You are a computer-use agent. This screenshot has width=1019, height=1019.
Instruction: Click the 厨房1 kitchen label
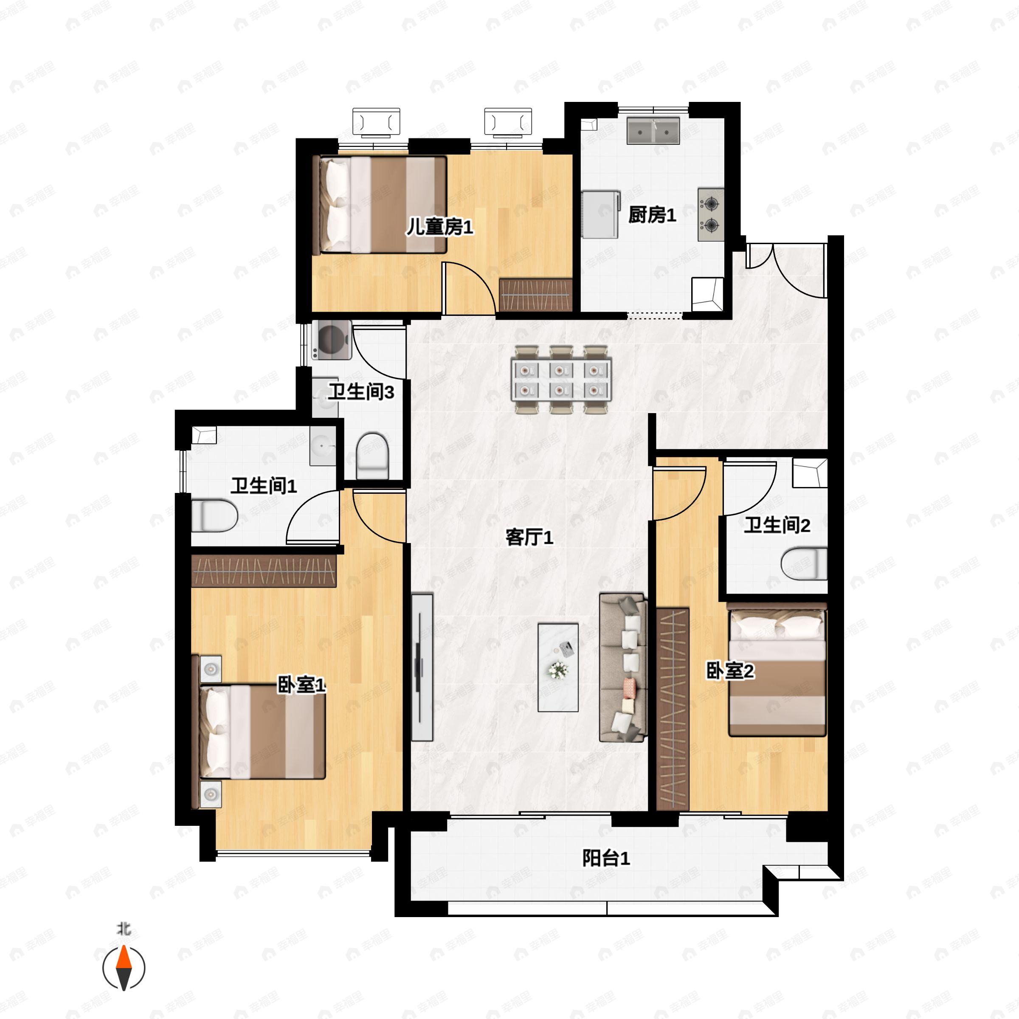(652, 215)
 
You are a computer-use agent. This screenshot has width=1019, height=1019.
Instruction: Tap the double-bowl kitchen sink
(653, 131)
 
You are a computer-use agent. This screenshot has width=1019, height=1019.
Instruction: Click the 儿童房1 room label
(439, 227)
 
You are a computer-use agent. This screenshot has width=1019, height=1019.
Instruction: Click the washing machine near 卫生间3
(332, 340)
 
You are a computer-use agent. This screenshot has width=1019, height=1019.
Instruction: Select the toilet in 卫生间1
(214, 516)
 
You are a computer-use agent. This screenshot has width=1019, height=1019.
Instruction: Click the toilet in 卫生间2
(804, 564)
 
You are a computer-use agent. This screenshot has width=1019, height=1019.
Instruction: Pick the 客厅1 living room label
(529, 538)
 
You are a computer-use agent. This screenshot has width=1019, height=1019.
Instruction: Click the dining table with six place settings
(561, 379)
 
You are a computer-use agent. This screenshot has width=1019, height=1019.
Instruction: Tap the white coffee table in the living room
(558, 667)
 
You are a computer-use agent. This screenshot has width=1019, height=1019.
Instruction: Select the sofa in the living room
(623, 667)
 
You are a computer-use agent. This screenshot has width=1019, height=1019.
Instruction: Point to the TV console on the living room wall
(422, 667)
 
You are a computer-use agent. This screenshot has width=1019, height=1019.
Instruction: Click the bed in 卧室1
(262, 731)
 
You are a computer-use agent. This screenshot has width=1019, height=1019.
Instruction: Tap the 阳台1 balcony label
(606, 858)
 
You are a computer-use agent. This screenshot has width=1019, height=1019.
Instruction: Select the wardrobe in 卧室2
(673, 709)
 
